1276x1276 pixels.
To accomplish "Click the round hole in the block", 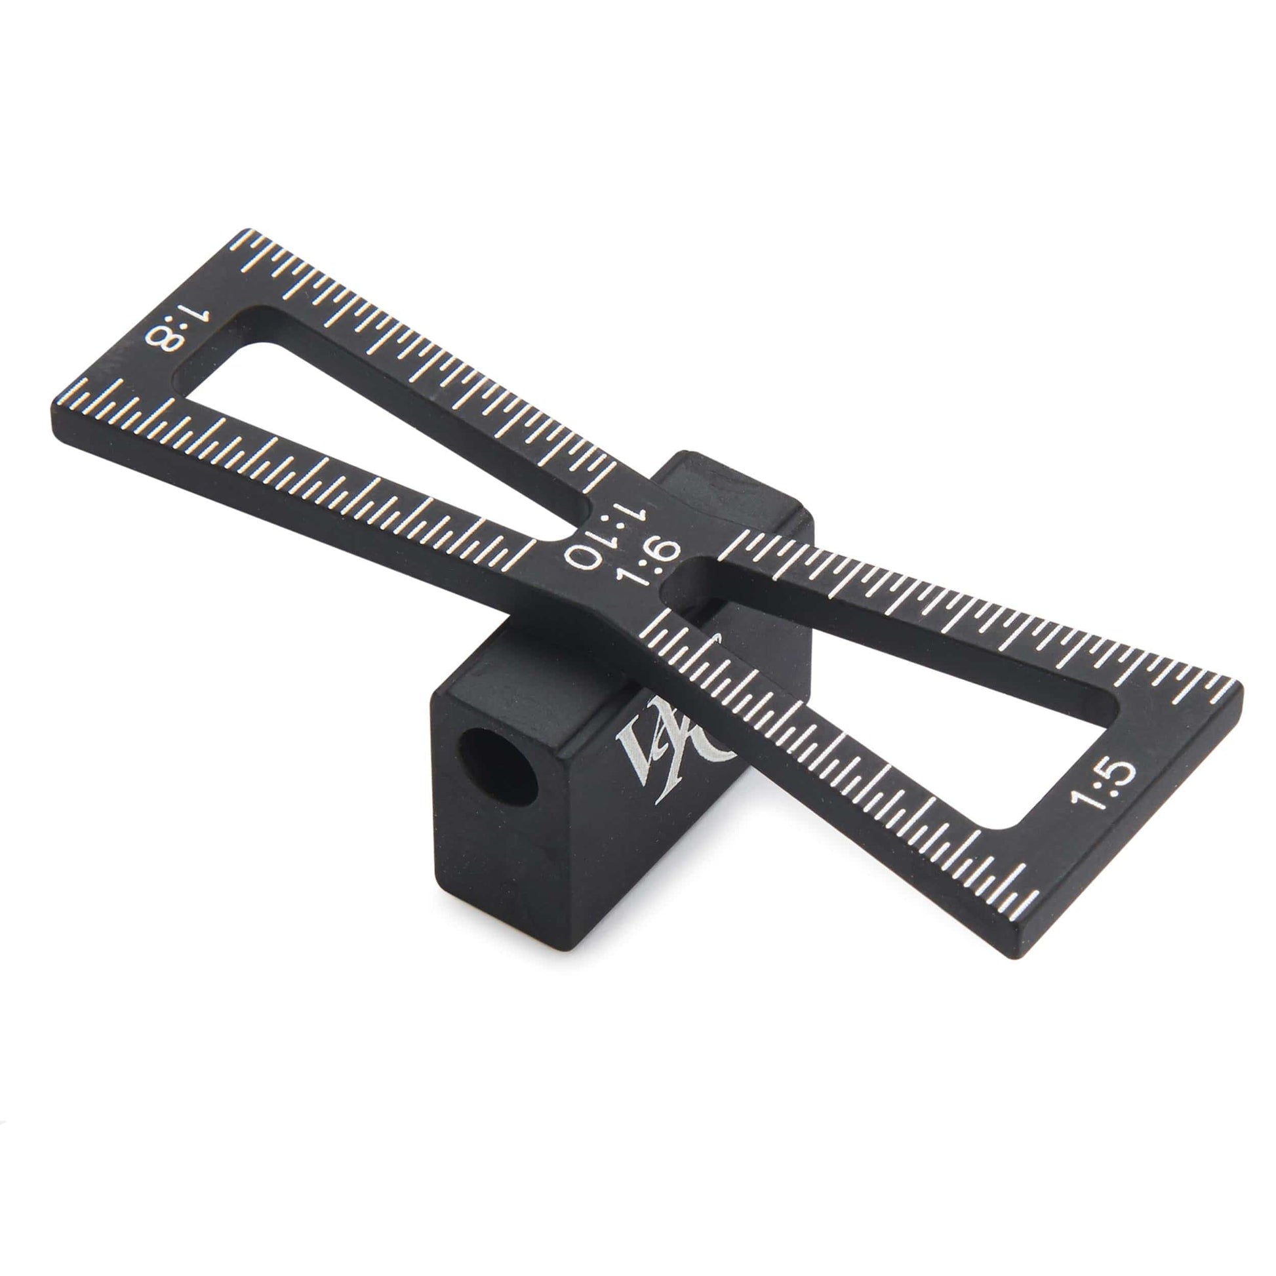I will point(498,766).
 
